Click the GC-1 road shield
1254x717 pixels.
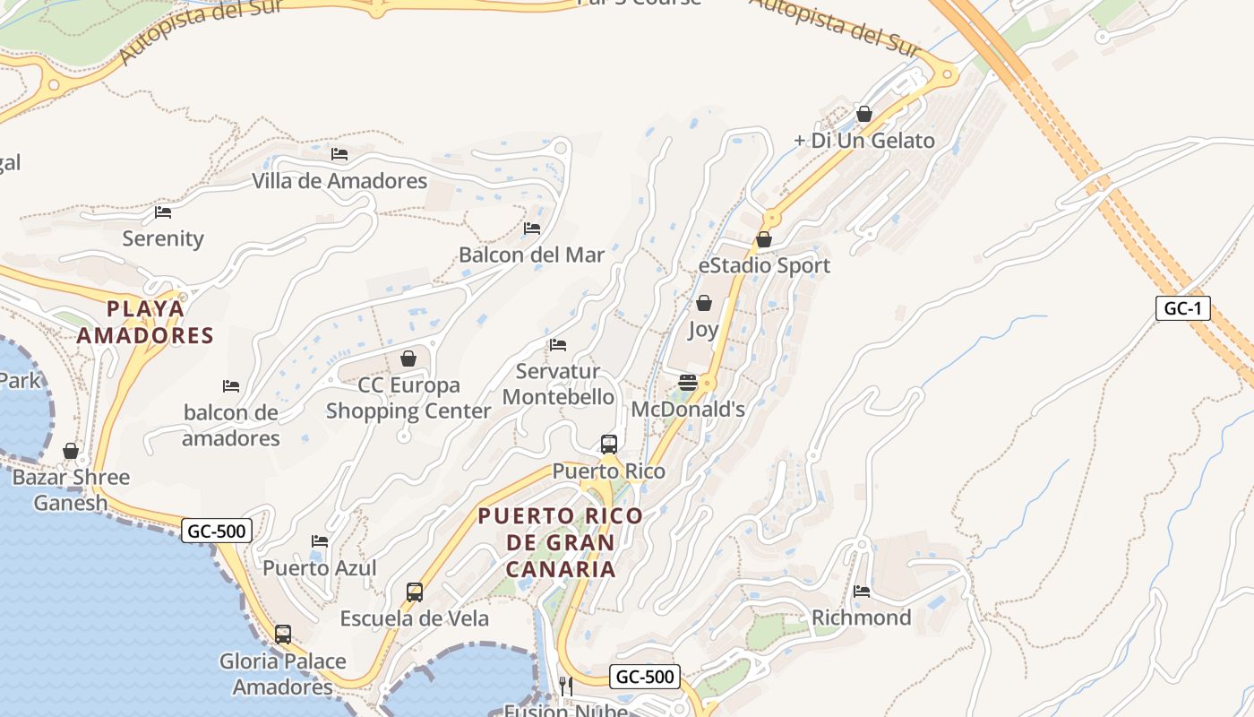(x=1182, y=309)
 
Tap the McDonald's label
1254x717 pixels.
(x=688, y=410)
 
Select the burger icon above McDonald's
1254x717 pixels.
(x=688, y=383)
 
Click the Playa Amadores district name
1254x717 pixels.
(x=145, y=322)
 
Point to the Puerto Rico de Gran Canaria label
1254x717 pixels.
(x=561, y=542)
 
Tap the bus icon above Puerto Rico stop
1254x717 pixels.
(x=609, y=444)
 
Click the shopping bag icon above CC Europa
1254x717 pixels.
(x=408, y=358)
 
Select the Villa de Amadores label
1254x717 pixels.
(x=339, y=181)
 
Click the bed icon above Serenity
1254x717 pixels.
(x=163, y=212)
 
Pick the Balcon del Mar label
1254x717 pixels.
(x=532, y=255)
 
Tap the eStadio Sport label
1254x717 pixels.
(x=764, y=265)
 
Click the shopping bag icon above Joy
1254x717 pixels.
(x=704, y=303)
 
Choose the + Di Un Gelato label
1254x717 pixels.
(x=864, y=141)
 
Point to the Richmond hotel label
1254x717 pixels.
(x=862, y=618)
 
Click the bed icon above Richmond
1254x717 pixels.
(x=862, y=591)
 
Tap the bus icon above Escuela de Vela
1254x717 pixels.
(x=415, y=592)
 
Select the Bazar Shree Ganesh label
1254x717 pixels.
(x=71, y=489)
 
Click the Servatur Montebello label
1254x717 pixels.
(x=558, y=384)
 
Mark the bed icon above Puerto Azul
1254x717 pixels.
(x=320, y=541)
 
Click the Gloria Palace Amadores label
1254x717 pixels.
(x=283, y=674)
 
